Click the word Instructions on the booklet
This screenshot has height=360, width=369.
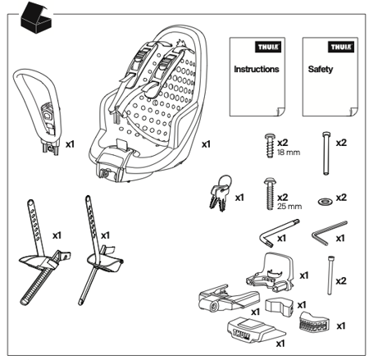click(257, 69)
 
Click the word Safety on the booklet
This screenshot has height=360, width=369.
click(321, 70)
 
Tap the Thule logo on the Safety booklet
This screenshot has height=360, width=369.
click(341, 47)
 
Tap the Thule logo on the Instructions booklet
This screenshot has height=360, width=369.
click(268, 47)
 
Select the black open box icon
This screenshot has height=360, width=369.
click(35, 16)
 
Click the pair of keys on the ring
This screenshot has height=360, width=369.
click(221, 193)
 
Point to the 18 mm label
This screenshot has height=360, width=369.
click(289, 153)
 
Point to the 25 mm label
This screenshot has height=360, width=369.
click(289, 207)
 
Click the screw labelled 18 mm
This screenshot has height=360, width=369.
click(270, 145)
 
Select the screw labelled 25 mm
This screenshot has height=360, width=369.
click(270, 194)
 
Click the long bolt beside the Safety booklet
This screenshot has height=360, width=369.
click(326, 153)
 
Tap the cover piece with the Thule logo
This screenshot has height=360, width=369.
click(256, 330)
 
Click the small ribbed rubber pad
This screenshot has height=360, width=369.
click(313, 322)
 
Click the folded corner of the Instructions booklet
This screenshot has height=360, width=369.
click(281, 112)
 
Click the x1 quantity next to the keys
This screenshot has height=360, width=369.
click(239, 198)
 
